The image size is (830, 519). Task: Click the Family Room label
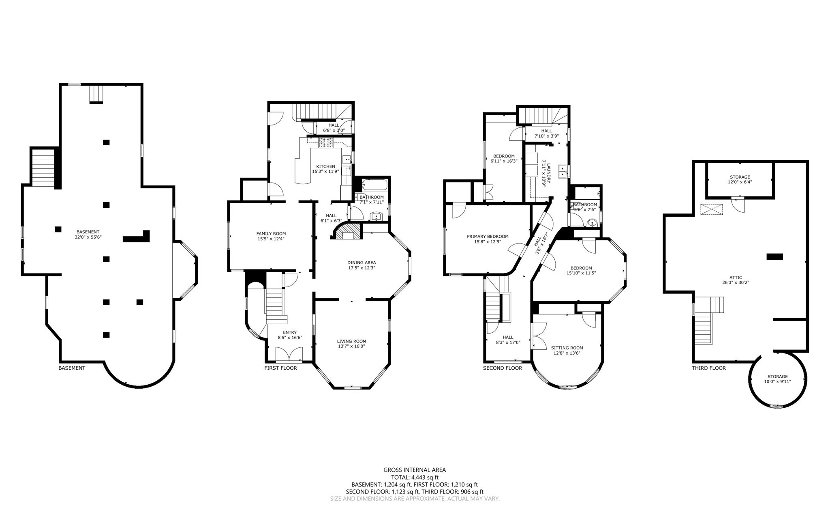271,233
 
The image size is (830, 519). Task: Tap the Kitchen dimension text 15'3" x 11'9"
325,172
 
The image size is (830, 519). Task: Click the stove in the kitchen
326,142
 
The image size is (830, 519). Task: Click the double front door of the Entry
289,355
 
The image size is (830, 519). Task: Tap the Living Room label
351,341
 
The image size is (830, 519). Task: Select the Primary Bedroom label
487,237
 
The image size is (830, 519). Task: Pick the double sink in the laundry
563,171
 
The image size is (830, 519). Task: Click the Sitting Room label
567,348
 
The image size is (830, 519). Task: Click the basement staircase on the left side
43,168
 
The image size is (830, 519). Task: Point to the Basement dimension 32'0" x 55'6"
88,237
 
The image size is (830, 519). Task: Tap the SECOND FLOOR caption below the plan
502,368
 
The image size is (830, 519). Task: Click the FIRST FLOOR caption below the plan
280,368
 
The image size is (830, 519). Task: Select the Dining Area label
362,263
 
